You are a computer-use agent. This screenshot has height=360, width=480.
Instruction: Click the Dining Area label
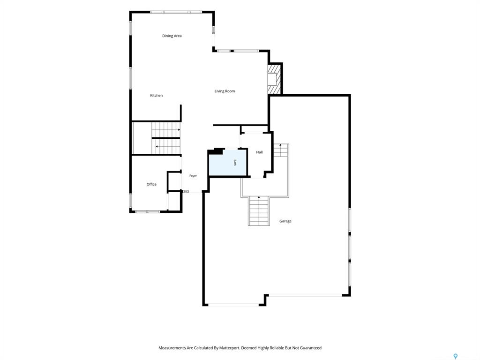172,36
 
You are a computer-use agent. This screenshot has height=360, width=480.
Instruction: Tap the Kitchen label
156,96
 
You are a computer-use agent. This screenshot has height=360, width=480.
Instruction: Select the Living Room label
225,91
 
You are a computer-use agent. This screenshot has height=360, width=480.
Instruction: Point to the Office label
151,184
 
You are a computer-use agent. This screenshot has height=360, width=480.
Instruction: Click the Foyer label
193,176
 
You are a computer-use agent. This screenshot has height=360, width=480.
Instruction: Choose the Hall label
259,152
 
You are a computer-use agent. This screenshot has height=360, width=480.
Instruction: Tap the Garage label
285,221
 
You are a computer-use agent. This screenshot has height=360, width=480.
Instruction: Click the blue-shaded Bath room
227,163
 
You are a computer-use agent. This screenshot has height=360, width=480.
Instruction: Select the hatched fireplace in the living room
274,78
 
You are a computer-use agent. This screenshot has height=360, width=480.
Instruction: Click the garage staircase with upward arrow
259,211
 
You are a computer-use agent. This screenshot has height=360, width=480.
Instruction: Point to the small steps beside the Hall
281,150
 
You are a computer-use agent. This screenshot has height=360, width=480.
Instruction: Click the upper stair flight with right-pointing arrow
166,130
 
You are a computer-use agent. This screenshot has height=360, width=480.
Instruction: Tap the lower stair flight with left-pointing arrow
166,146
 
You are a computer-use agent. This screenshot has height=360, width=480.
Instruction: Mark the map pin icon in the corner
455,356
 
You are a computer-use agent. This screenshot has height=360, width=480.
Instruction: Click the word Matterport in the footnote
229,348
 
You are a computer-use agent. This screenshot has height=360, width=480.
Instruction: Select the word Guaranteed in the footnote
311,348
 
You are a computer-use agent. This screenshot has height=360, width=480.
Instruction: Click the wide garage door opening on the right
305,295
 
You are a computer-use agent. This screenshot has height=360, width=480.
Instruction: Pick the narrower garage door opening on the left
233,305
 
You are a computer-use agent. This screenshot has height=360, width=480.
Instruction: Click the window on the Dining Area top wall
176,12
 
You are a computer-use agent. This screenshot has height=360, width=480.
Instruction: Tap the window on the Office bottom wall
148,211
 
